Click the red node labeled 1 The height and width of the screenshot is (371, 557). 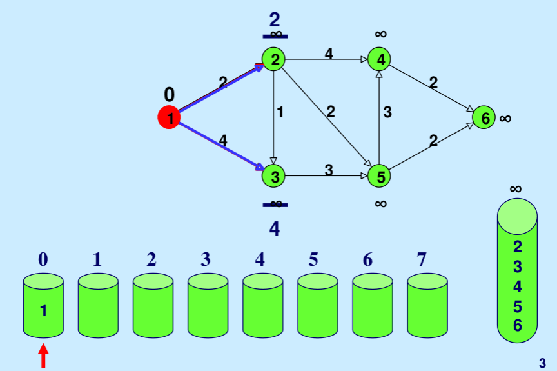tap(169, 117)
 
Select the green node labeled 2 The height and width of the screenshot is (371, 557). tap(274, 60)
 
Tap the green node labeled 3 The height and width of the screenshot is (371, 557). tap(274, 175)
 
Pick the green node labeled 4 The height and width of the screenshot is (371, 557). tap(380, 60)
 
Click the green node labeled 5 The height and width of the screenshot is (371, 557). tap(380, 175)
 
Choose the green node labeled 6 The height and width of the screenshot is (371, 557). tap(484, 117)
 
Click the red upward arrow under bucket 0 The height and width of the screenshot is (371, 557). tap(44, 356)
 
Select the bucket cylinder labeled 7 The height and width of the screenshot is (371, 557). tap(427, 305)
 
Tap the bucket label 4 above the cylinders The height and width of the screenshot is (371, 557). tap(260, 259)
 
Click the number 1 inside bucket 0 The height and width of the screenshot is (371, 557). tap(43, 311)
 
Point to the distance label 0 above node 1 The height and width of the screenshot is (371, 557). tap(170, 95)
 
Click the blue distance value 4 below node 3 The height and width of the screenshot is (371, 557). tap(275, 228)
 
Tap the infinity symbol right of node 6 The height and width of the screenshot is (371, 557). tap(505, 118)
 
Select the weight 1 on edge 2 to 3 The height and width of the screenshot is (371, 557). tap(280, 112)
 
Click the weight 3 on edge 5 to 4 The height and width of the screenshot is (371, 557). tap(387, 112)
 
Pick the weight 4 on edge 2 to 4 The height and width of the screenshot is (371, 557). tap(329, 54)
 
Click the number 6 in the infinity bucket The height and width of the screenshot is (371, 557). tap(517, 325)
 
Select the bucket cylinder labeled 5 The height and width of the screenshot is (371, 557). tap(317, 305)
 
